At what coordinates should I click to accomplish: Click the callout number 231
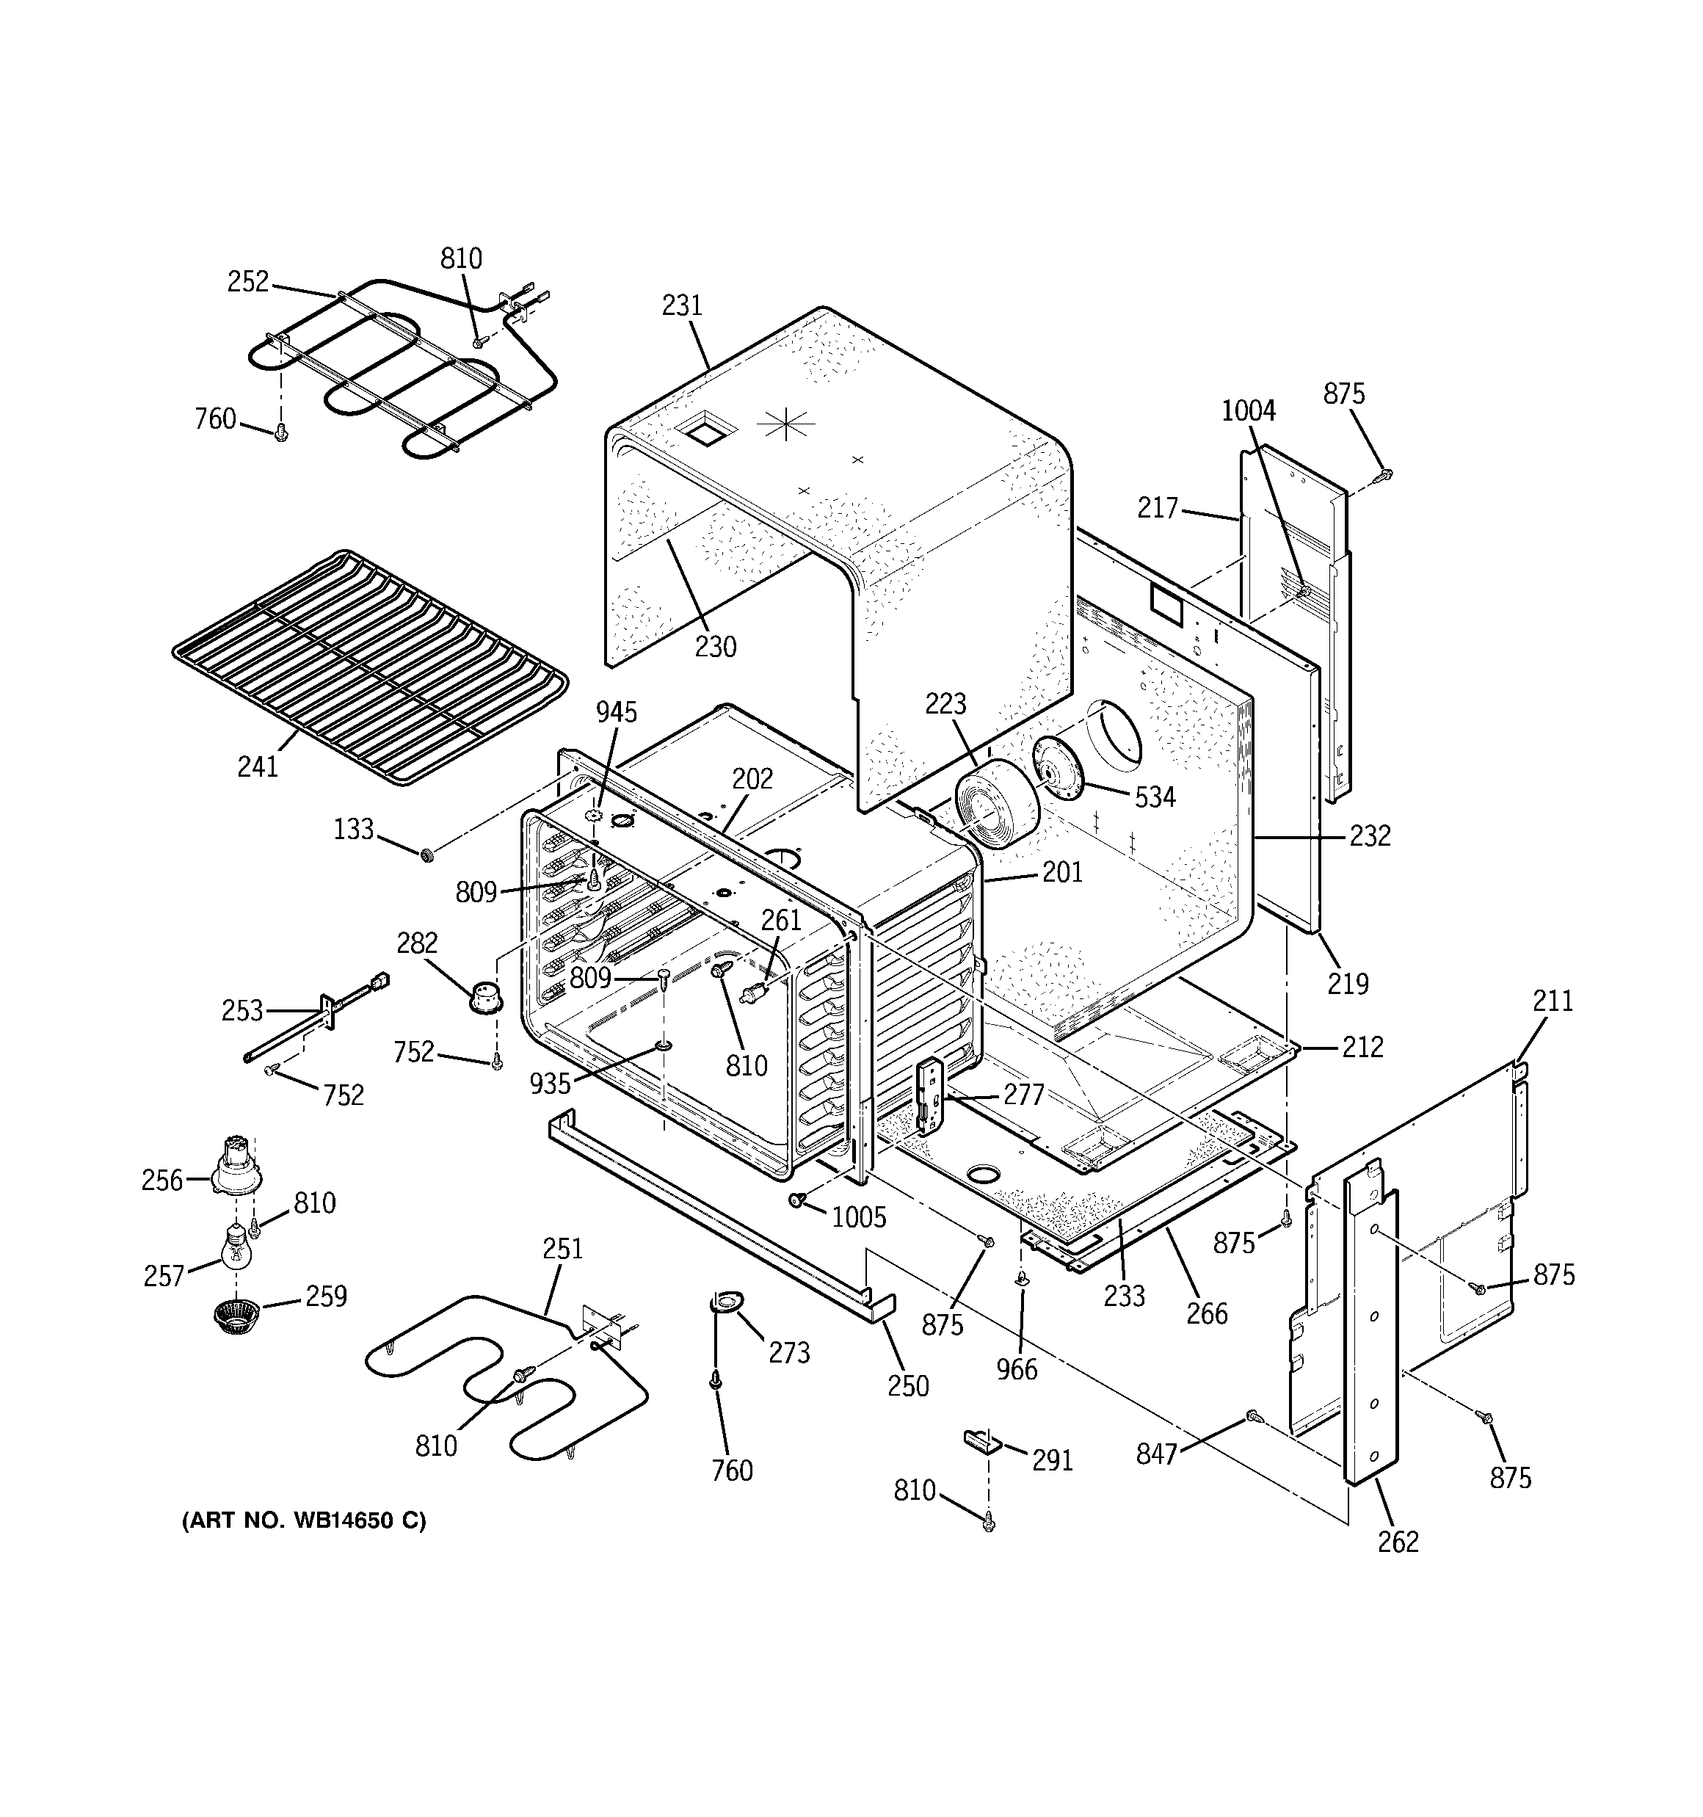pyautogui.click(x=682, y=305)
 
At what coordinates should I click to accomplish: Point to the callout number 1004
pyautogui.click(x=1249, y=411)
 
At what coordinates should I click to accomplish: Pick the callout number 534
pyautogui.click(x=1155, y=797)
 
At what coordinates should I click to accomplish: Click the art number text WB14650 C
pyautogui.click(x=305, y=1520)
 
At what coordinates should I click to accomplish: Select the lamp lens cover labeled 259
pyautogui.click(x=236, y=1316)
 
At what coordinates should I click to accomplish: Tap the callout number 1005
pyautogui.click(x=860, y=1217)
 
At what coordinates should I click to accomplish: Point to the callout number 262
pyautogui.click(x=1398, y=1542)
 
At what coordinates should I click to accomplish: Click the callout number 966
pyautogui.click(x=1017, y=1369)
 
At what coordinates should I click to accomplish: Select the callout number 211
pyautogui.click(x=1553, y=1001)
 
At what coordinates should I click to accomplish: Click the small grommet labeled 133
pyautogui.click(x=426, y=855)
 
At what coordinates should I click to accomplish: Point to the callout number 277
pyautogui.click(x=1023, y=1094)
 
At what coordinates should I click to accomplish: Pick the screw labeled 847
pyautogui.click(x=1253, y=1418)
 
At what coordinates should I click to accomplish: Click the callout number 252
pyautogui.click(x=247, y=281)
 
